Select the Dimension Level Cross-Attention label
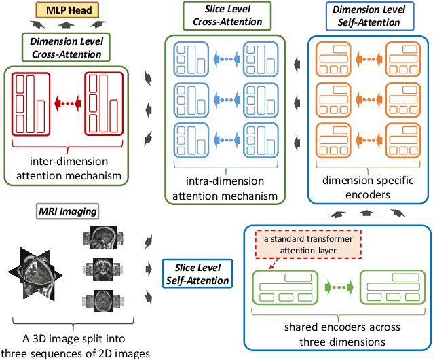(67, 48)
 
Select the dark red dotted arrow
(67, 103)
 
